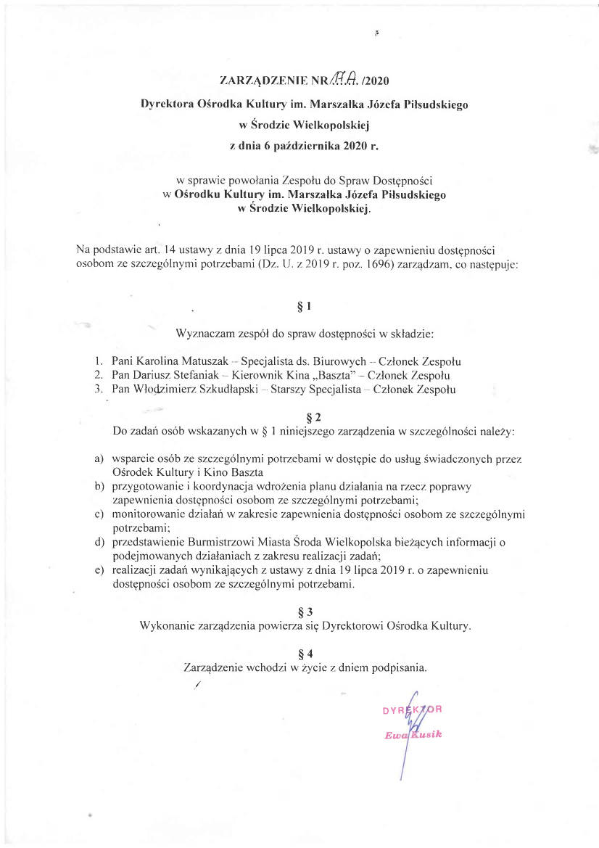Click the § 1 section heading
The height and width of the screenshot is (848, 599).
click(305, 306)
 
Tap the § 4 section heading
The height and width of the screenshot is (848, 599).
click(305, 651)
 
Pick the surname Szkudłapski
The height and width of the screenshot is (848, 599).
click(221, 390)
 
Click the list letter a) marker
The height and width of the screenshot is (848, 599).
click(99, 459)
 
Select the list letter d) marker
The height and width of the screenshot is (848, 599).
click(99, 542)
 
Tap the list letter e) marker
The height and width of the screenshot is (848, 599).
click(99, 570)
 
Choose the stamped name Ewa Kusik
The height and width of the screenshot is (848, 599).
click(413, 735)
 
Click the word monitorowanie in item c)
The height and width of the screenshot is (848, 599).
click(149, 514)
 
